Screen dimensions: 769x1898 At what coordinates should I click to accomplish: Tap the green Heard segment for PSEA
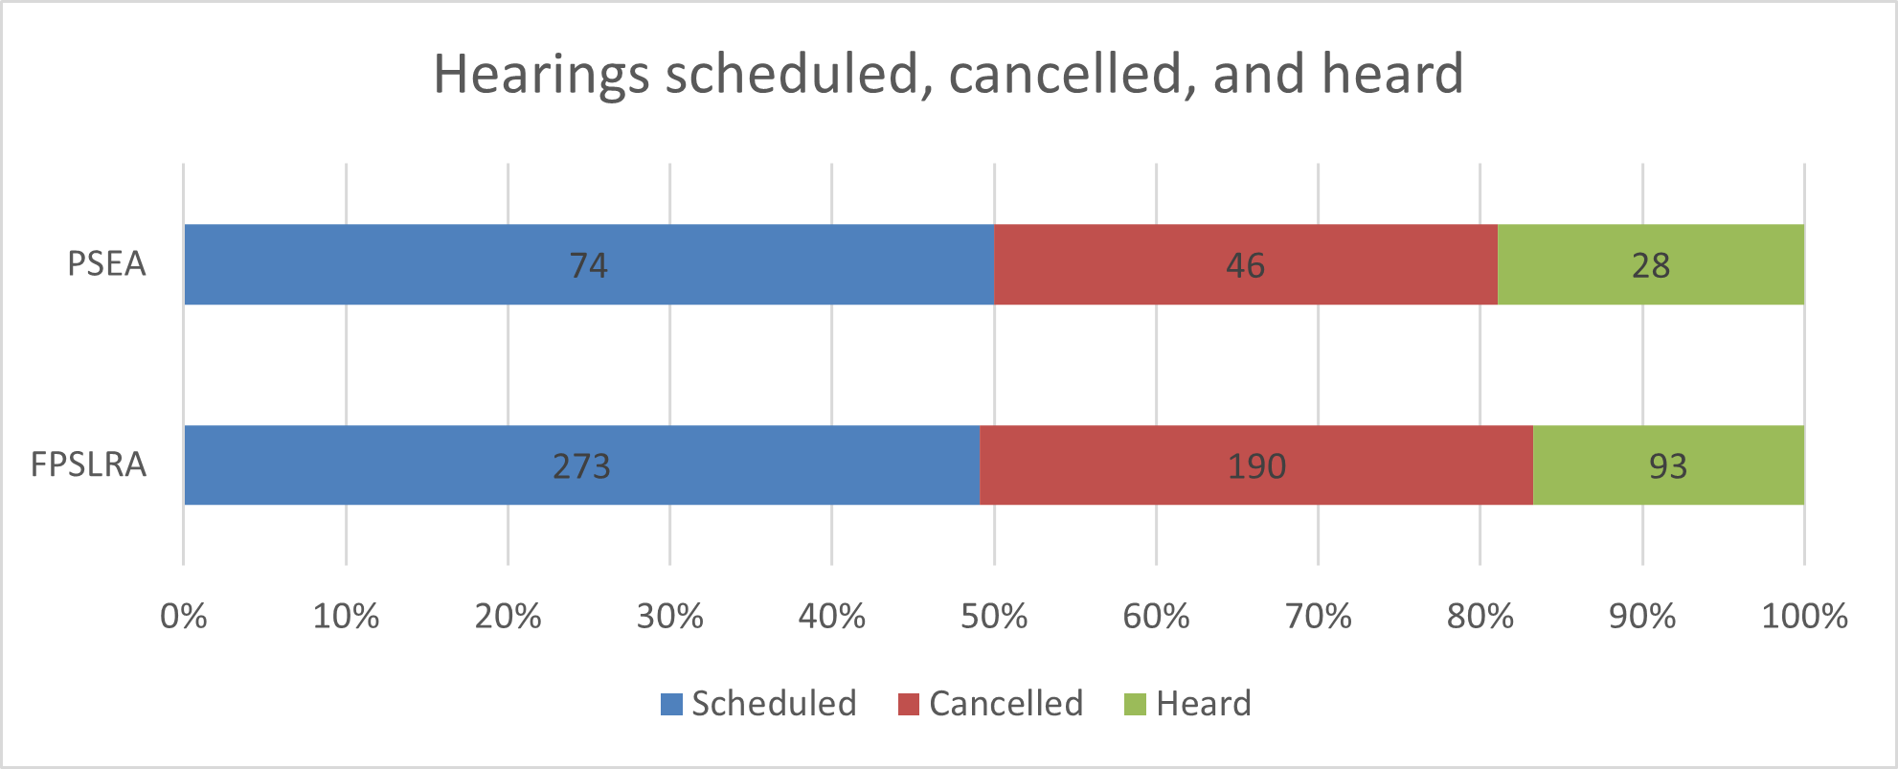point(1724,264)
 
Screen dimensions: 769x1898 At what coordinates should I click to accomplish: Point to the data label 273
point(581,466)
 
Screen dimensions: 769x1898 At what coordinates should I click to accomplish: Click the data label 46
point(1245,265)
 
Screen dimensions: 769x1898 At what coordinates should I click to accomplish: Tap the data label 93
point(1667,466)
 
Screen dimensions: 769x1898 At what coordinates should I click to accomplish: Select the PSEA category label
point(106,263)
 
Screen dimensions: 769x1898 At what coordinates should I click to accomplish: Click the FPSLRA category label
point(89,464)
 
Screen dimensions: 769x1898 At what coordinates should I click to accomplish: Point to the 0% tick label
point(183,616)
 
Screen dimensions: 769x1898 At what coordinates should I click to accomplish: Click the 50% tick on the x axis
point(994,616)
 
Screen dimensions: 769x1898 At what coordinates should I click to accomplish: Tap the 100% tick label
point(1804,616)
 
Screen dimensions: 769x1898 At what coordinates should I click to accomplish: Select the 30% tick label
point(669,616)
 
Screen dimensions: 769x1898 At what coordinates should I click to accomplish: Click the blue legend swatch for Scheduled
point(671,705)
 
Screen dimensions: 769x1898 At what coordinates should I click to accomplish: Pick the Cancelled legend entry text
point(1005,704)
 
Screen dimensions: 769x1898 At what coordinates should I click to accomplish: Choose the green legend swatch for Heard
point(1135,705)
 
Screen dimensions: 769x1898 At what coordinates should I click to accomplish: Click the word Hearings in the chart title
point(542,75)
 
